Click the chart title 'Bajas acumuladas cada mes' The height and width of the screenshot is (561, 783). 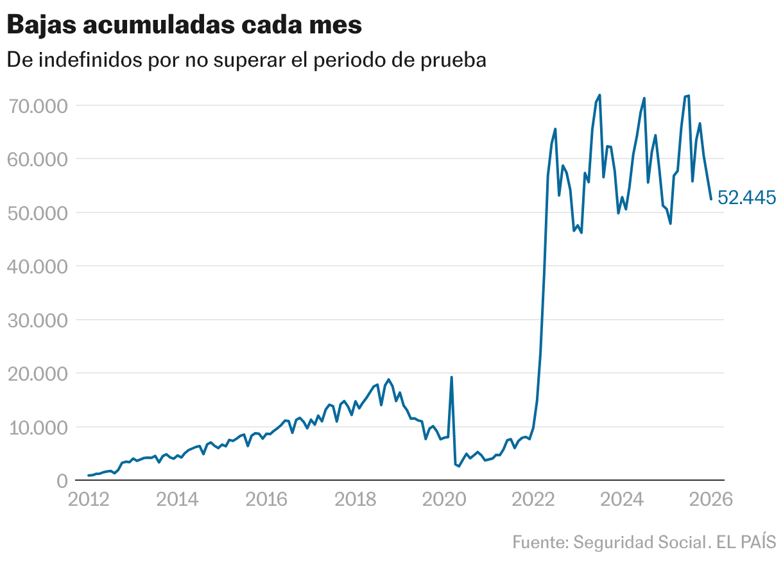click(184, 25)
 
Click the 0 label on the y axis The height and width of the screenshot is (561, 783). click(62, 481)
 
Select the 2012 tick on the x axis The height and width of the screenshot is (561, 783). click(89, 499)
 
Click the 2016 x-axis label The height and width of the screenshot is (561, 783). click(266, 499)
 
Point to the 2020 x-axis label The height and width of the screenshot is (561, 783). click(444, 499)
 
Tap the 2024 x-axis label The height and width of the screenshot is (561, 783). click(622, 499)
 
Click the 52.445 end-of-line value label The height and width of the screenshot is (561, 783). click(746, 198)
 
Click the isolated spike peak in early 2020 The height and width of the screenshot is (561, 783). click(451, 377)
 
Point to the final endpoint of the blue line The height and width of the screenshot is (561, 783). click(710, 199)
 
